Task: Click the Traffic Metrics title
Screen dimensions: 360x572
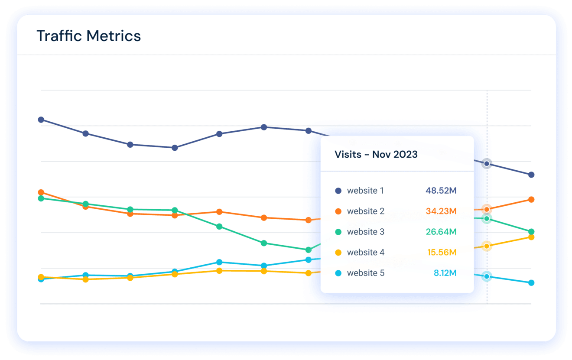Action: coord(89,36)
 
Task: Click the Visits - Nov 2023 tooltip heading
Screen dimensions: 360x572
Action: coord(376,155)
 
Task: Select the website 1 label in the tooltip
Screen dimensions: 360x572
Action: coord(365,191)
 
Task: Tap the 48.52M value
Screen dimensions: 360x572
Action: coord(441,191)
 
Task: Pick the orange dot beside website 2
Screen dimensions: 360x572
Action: coord(338,211)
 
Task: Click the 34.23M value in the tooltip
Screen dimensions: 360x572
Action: coord(441,211)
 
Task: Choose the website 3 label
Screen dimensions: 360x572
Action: coord(365,232)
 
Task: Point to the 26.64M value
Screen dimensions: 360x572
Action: coord(441,232)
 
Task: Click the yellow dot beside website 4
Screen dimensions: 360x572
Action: coord(338,253)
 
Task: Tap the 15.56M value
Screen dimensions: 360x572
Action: coord(442,253)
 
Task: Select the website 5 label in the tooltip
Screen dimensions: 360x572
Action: coord(365,273)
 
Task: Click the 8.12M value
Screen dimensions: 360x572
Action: coord(445,273)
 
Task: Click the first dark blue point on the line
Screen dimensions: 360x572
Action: coord(41,120)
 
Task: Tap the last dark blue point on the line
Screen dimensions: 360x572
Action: coord(531,175)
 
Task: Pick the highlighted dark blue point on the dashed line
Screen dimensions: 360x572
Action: coord(487,164)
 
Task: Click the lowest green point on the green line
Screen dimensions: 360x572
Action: coord(309,250)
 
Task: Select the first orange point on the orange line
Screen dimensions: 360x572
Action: coord(41,192)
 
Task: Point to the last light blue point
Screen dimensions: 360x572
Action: coord(531,283)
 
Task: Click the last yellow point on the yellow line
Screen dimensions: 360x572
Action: coord(531,237)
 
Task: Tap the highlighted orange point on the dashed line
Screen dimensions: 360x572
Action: coord(487,210)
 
